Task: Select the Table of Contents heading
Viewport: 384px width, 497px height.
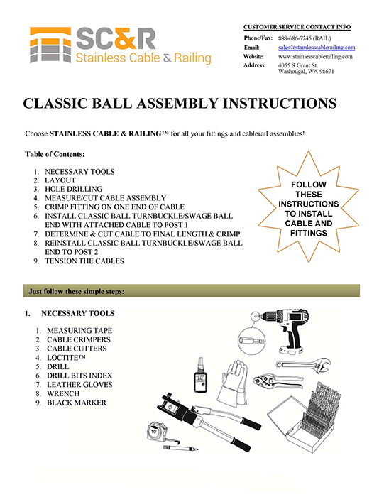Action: click(55, 154)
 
